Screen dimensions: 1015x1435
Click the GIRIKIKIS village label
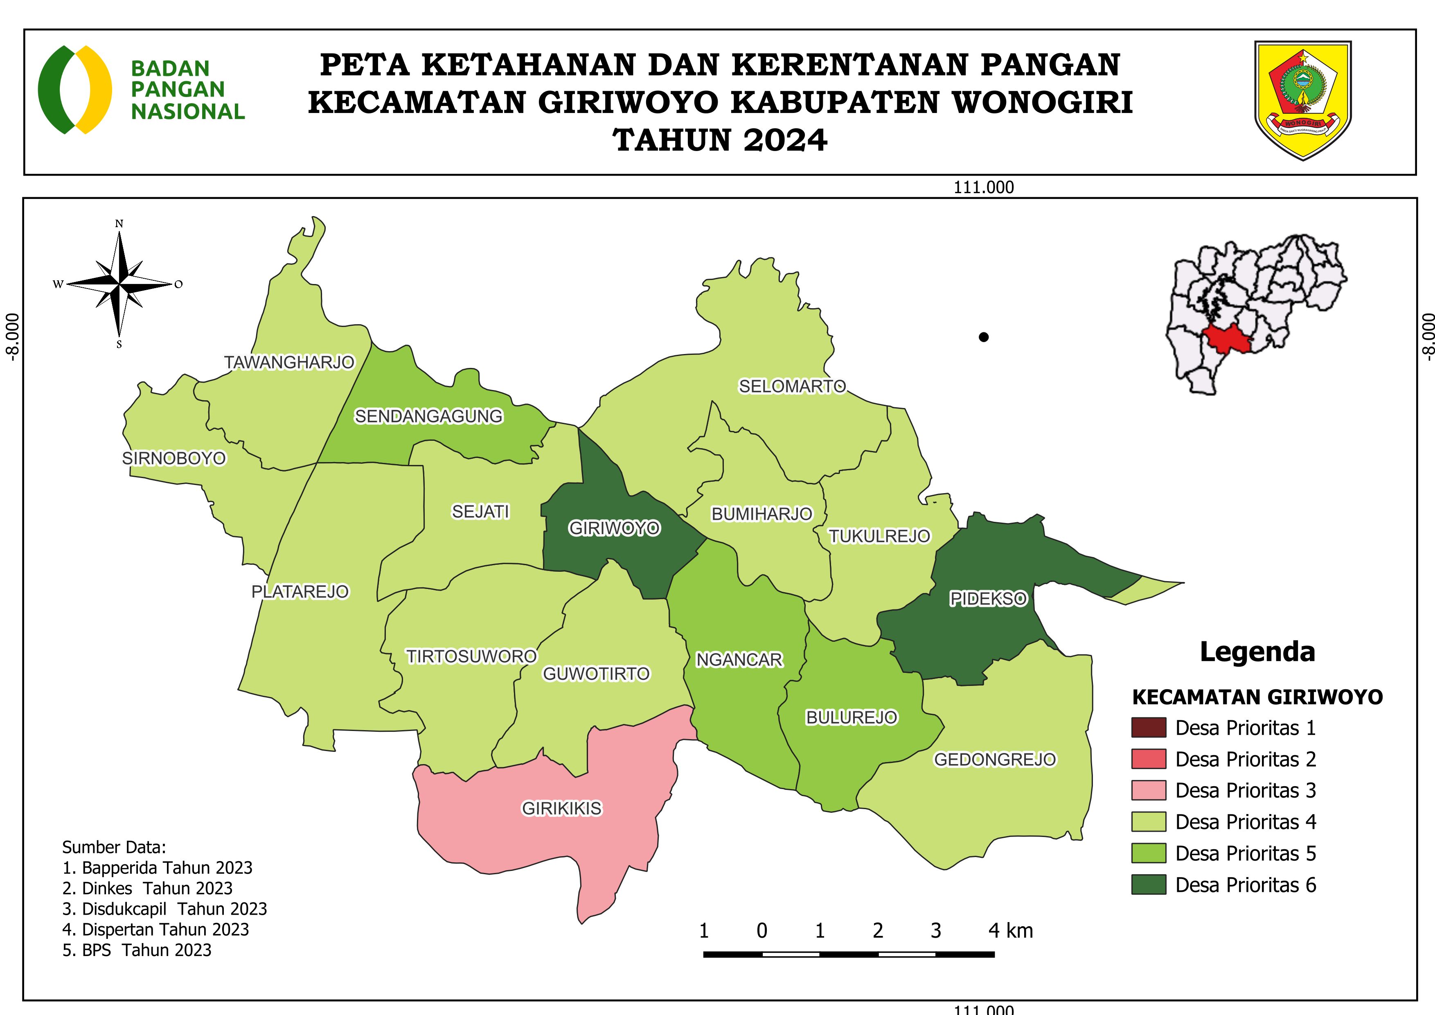point(561,808)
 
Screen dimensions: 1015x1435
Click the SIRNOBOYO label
point(174,458)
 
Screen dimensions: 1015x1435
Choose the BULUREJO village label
point(851,717)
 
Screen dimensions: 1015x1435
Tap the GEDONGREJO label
point(994,759)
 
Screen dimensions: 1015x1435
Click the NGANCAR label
point(739,659)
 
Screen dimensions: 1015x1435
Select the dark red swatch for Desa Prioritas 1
point(1148,728)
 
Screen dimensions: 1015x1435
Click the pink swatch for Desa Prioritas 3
point(1148,790)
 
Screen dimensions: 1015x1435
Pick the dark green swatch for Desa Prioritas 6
point(1148,884)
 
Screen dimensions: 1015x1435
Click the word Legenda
point(1257,651)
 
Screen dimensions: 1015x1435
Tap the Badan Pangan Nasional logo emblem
point(75,89)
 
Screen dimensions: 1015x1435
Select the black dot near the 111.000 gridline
point(983,337)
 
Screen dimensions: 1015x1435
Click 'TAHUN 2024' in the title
point(719,140)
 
